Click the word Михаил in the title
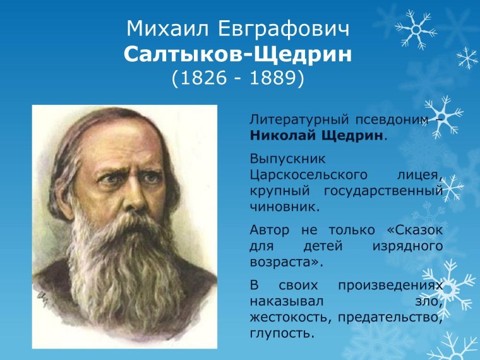pyautogui.click(x=161, y=29)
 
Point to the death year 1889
pyautogui.click(x=272, y=78)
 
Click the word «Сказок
pyautogui.click(x=407, y=228)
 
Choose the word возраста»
pyautogui.click(x=282, y=260)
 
